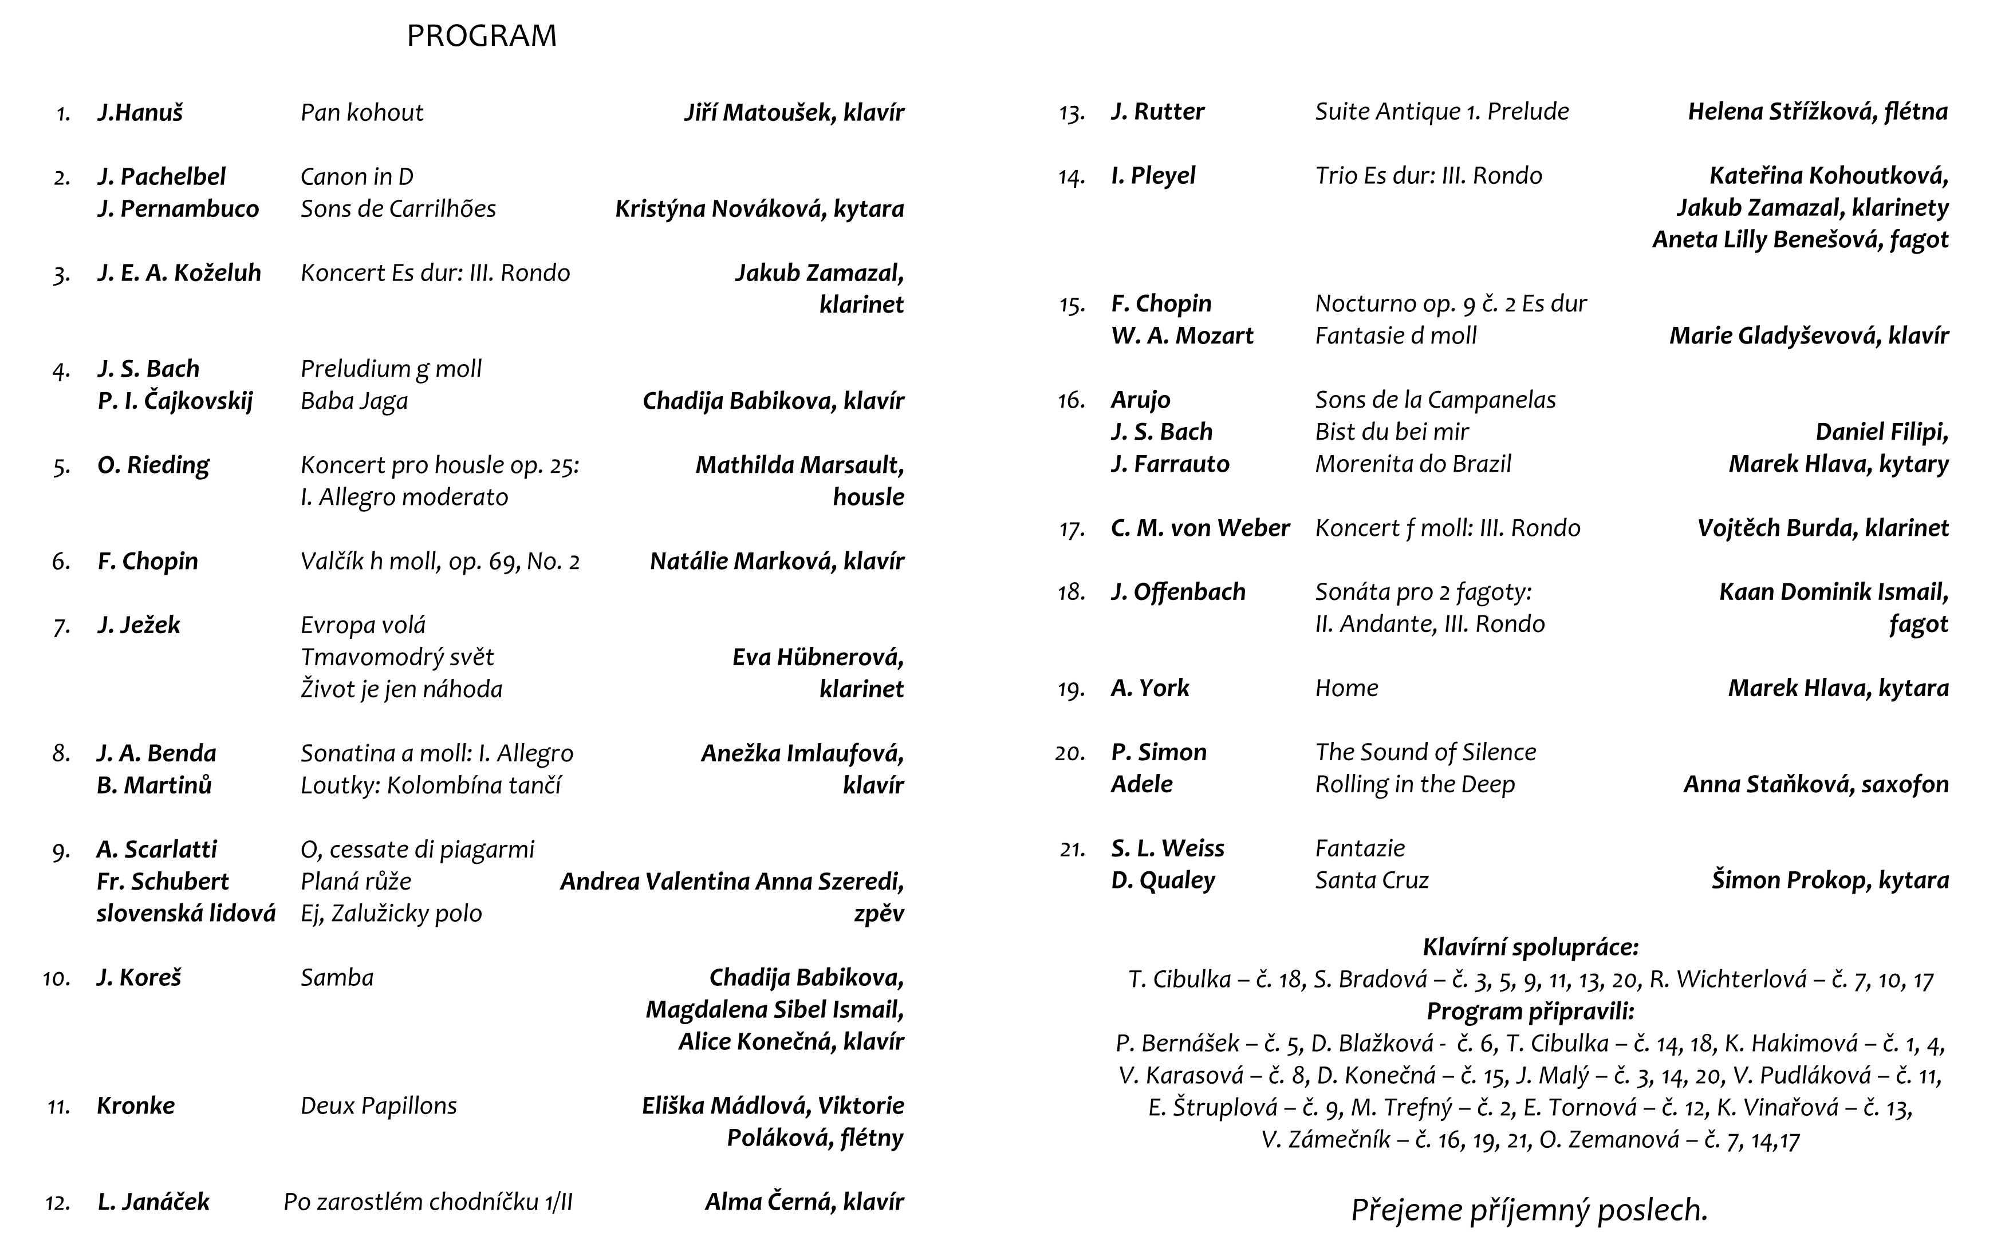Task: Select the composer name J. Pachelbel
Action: tap(161, 176)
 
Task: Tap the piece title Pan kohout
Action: tap(362, 113)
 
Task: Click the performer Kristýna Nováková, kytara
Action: tap(759, 208)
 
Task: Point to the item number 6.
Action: tap(61, 562)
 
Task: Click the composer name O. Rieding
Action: tap(153, 465)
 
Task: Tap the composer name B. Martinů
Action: tap(154, 785)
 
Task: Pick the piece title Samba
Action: tap(337, 978)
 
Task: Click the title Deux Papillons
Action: tap(379, 1106)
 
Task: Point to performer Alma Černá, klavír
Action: tap(804, 1202)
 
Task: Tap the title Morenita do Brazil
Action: tap(1413, 464)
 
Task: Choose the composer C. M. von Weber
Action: tap(1200, 528)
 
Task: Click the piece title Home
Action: tap(1346, 688)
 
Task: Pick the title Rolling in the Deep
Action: tap(1415, 785)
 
